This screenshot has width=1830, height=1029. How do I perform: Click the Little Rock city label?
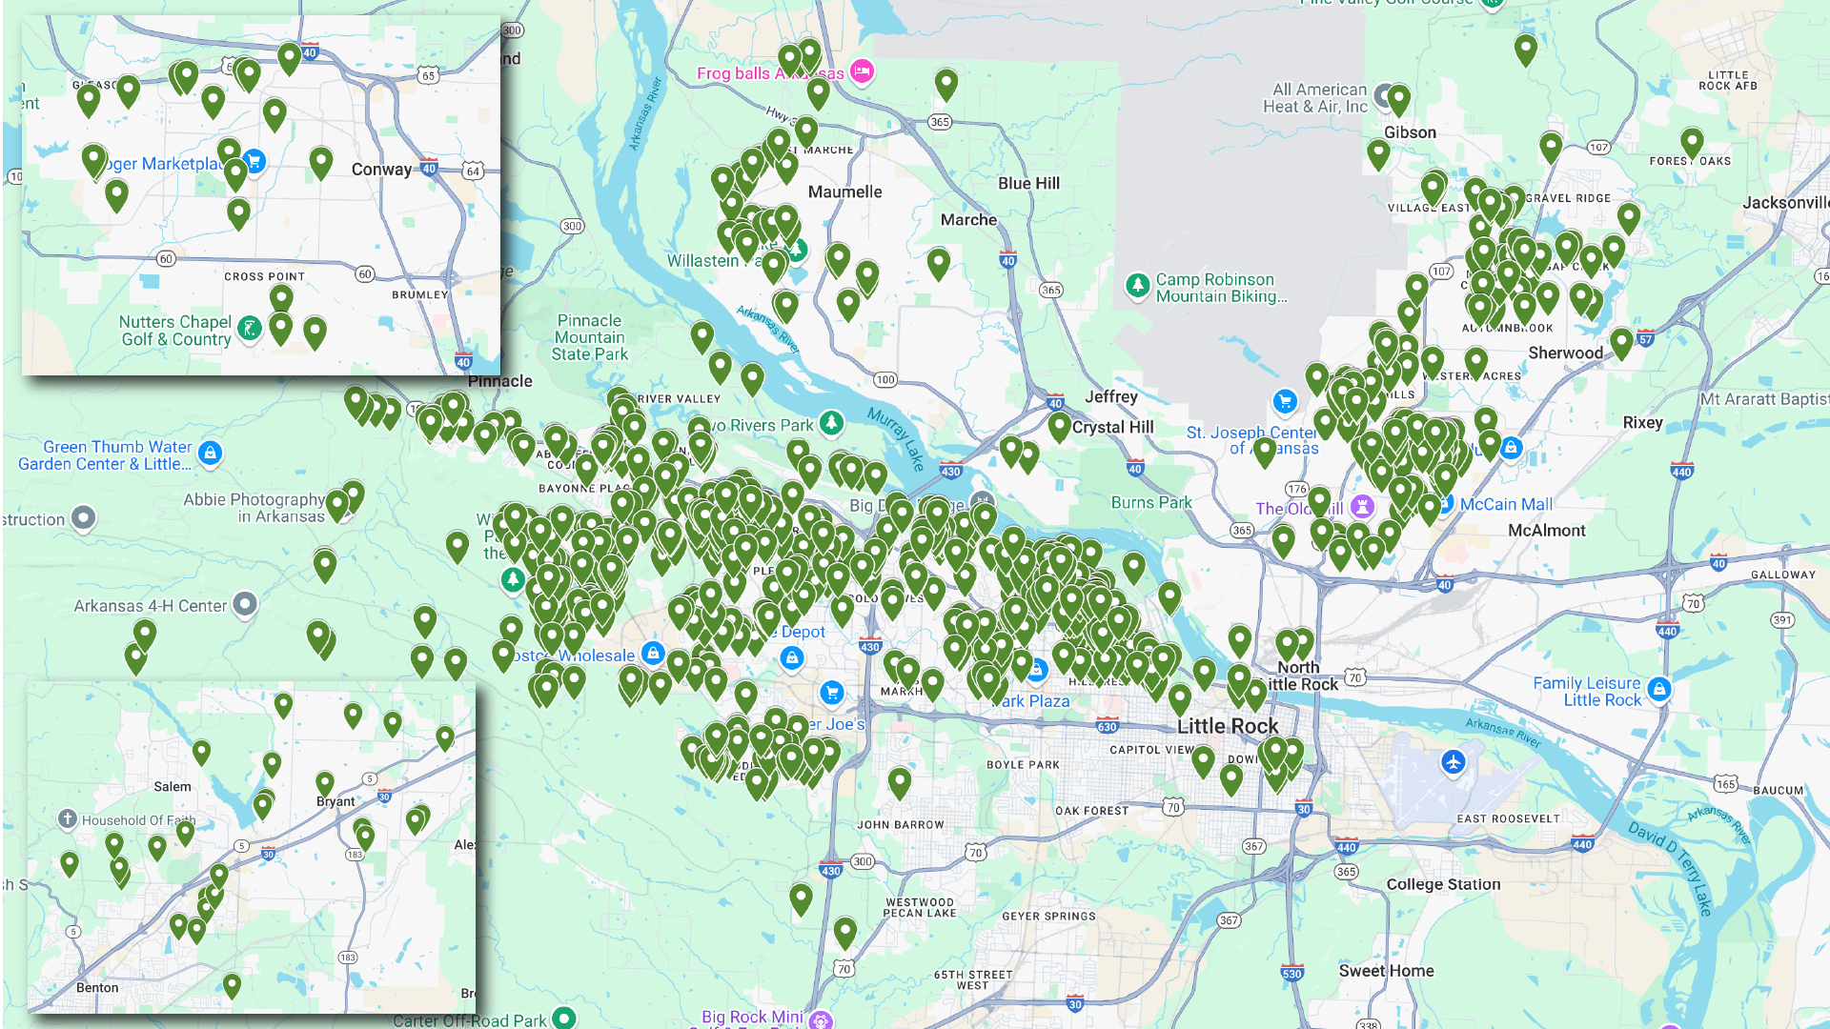coord(1228,726)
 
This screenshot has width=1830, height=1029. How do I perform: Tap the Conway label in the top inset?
coord(381,170)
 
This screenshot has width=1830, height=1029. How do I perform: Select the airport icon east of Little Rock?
coord(1453,762)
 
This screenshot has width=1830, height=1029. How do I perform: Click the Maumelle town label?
coord(844,192)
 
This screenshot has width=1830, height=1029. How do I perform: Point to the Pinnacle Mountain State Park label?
coord(589,337)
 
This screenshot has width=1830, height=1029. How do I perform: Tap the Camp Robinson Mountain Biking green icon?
coord(1137,285)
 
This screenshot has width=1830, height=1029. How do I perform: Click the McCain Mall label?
coord(1506,504)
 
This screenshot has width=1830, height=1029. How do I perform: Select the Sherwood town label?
coord(1565,353)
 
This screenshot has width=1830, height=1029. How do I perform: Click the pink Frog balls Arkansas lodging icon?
coord(862,71)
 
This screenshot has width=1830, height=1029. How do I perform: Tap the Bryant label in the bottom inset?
coord(335,801)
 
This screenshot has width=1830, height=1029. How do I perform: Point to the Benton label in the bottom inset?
coord(97,987)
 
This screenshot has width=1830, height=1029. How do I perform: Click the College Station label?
coord(1443,884)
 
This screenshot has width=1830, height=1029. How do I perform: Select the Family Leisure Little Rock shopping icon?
coord(1659,689)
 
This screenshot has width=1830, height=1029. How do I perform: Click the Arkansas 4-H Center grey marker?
coord(245,603)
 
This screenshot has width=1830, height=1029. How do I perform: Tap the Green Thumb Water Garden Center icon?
coord(211,453)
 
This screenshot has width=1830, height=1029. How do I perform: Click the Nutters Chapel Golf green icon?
coord(250,329)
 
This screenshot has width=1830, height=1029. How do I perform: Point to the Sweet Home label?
coord(1386,971)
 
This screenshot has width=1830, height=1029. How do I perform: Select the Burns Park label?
coord(1151,502)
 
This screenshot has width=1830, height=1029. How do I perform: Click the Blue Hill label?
coord(1028,183)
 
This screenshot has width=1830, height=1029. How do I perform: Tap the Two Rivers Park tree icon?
coord(832,422)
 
